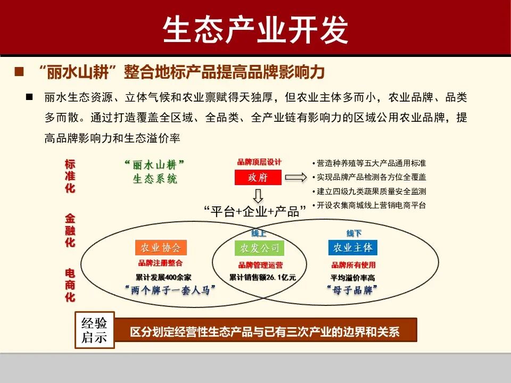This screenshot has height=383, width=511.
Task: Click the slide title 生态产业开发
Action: click(x=256, y=29)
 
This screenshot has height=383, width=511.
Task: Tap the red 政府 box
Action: click(x=258, y=178)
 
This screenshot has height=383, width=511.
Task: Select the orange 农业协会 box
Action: click(x=161, y=248)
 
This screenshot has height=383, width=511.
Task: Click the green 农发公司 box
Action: click(x=259, y=248)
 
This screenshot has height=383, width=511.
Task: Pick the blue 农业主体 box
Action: click(x=353, y=248)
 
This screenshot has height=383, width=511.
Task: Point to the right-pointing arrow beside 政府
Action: click(x=296, y=178)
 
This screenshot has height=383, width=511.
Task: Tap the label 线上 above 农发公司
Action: click(x=259, y=234)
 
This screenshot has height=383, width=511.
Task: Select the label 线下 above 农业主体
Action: click(x=354, y=234)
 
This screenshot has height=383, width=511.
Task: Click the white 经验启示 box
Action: click(x=94, y=330)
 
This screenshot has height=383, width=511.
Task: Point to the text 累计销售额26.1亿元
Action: click(x=262, y=277)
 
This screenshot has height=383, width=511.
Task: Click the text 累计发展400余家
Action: click(x=163, y=277)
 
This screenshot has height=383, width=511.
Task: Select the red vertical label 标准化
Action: click(x=70, y=176)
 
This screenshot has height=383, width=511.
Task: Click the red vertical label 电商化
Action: click(x=70, y=285)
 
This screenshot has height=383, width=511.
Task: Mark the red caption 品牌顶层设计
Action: click(x=259, y=162)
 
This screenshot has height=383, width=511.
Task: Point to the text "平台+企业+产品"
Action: click(x=256, y=211)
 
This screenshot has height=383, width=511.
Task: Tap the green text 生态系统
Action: click(x=155, y=179)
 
